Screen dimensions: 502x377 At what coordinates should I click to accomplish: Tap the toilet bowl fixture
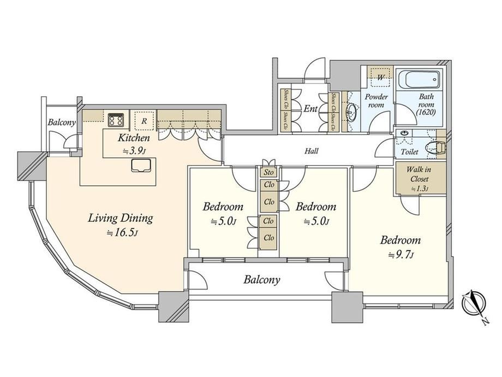point(434,148)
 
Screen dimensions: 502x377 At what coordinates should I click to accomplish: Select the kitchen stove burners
point(116,120)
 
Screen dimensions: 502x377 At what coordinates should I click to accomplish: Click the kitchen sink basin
point(141,165)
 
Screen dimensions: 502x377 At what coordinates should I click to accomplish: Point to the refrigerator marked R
point(144,121)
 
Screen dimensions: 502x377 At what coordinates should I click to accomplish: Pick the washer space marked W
point(380,77)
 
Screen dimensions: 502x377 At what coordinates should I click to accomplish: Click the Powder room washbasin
point(351,112)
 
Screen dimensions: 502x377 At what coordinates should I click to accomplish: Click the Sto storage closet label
point(268,173)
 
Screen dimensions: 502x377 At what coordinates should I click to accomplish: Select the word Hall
point(311,151)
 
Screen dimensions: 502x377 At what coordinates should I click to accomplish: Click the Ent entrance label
point(310,109)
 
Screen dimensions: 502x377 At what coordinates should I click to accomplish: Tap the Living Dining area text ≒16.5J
point(123,233)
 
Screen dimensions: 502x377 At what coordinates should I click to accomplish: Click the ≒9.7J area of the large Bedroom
point(401,255)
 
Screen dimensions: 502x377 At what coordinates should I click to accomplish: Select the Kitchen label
point(134,138)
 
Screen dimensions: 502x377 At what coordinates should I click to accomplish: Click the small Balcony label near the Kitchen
point(62,122)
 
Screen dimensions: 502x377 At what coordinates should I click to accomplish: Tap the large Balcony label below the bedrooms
point(261,280)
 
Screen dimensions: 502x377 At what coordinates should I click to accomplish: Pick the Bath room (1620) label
point(426,104)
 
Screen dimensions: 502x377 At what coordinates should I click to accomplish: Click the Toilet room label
point(409,152)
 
